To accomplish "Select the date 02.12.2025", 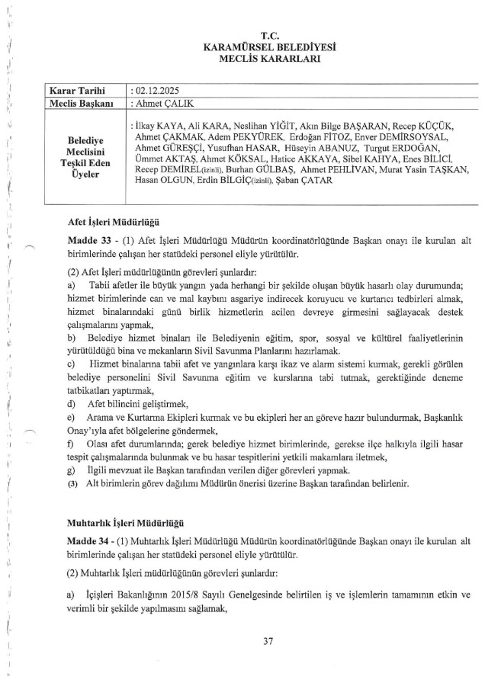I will click(x=157, y=90).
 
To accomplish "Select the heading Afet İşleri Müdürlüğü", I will click(x=112, y=222).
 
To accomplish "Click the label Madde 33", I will click(x=90, y=238).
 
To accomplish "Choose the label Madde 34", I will click(x=90, y=541).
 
